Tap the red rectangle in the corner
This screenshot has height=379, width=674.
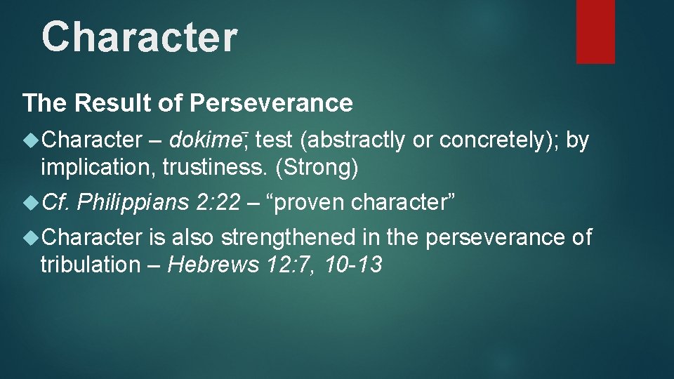[x=595, y=31]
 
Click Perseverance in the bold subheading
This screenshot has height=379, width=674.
[x=271, y=104]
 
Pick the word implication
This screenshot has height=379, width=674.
[x=90, y=167]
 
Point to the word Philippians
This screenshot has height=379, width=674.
[x=133, y=203]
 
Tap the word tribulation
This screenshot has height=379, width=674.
[x=90, y=265]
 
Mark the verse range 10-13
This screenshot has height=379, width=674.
[x=354, y=265]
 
